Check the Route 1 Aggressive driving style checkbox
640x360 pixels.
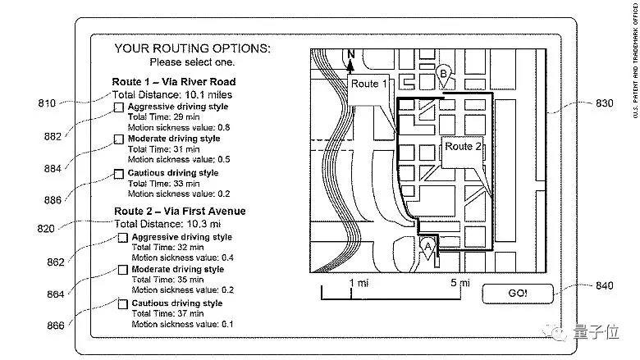point(120,107)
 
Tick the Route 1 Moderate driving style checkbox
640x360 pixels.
point(120,140)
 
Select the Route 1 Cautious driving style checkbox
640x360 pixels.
point(120,174)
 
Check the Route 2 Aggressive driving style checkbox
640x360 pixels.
point(123,238)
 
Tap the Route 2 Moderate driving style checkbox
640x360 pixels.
point(123,270)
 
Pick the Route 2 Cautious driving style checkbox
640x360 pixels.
point(123,304)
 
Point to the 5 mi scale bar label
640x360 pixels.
point(459,283)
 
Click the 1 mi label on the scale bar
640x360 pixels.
point(359,283)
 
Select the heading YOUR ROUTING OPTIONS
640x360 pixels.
point(192,48)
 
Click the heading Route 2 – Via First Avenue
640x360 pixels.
point(179,212)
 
